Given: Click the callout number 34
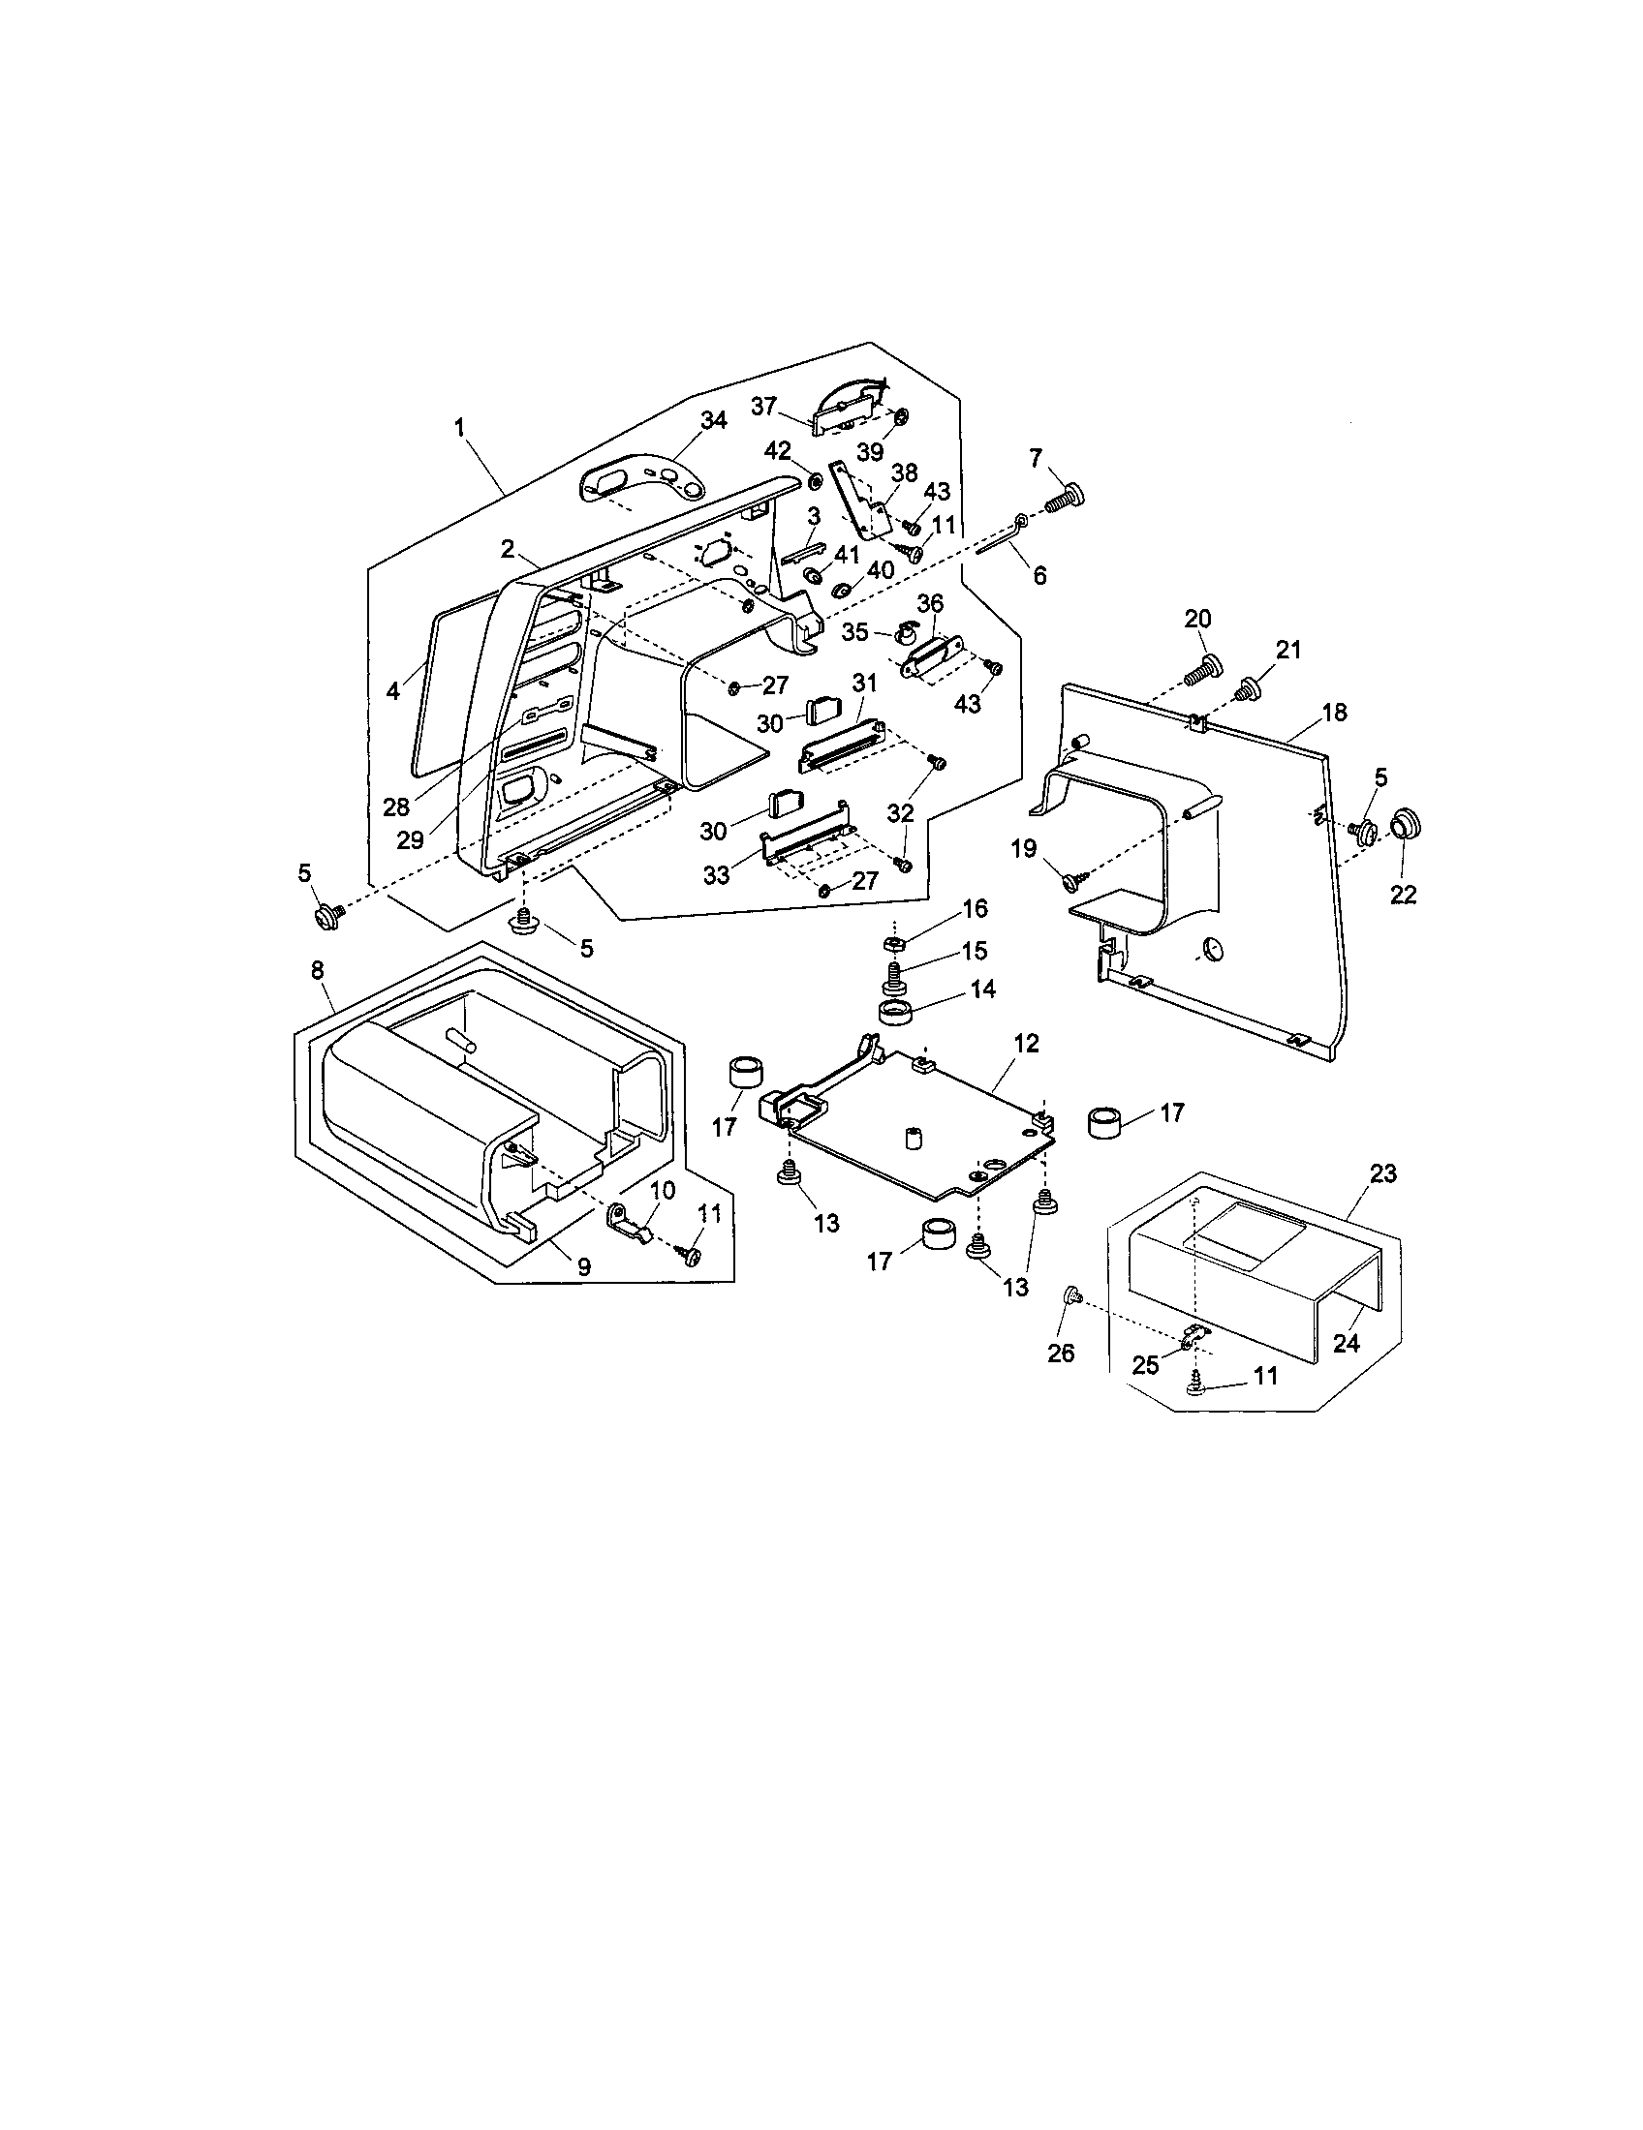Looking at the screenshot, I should point(713,420).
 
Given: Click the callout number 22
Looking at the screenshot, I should point(1403,894).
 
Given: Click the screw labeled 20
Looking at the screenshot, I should point(1205,670).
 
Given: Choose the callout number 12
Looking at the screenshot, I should point(1026,1044).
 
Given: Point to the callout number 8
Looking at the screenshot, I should point(318,970).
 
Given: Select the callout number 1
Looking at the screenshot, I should point(459,427).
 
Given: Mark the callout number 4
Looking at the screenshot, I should point(393,691).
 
